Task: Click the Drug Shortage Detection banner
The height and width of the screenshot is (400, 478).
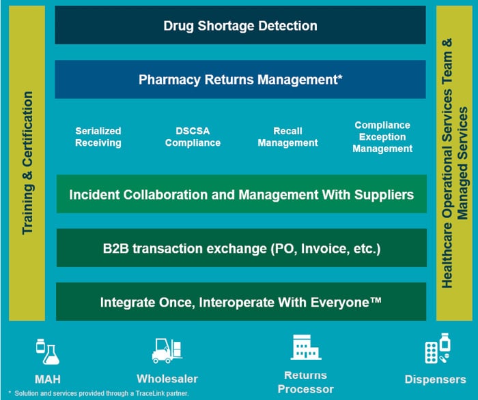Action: click(x=240, y=26)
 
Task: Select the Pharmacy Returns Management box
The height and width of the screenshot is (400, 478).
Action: click(x=240, y=80)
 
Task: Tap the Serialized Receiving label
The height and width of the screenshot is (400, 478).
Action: click(x=98, y=137)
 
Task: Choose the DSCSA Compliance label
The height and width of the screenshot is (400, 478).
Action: click(x=193, y=137)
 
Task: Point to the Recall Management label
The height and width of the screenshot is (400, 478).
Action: click(x=287, y=137)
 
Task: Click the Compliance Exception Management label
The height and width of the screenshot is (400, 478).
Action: click(x=382, y=137)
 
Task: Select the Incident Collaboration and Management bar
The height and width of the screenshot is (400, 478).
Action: click(x=241, y=195)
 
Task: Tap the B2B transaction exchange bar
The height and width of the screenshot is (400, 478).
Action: click(x=241, y=249)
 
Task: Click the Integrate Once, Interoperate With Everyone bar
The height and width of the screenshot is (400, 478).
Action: click(x=241, y=302)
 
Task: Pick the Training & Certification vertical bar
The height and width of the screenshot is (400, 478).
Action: click(x=27, y=164)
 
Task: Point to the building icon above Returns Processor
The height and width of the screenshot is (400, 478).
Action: click(x=305, y=348)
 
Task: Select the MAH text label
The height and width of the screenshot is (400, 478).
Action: click(x=48, y=379)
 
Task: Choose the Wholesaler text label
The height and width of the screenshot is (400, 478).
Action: click(x=167, y=379)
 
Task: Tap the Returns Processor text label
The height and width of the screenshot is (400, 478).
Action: click(x=306, y=382)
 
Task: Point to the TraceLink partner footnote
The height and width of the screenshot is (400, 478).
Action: click(x=99, y=394)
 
